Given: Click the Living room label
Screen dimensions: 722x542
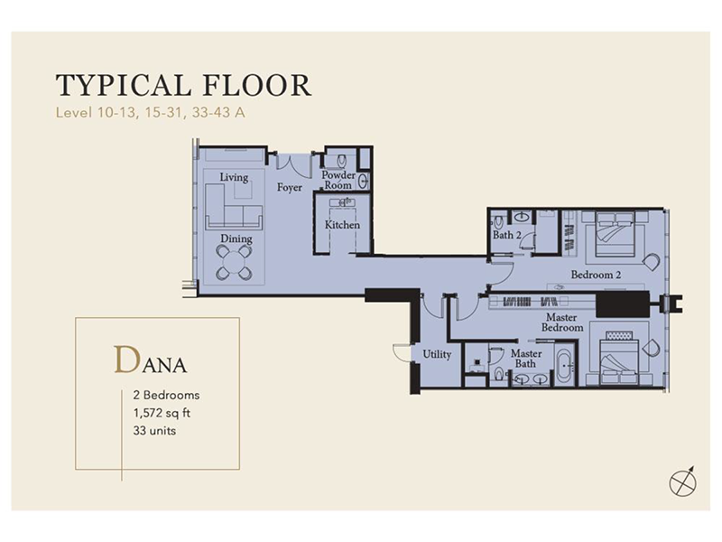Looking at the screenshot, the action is pyautogui.click(x=234, y=177).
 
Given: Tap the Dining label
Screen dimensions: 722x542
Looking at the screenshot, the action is pyautogui.click(x=236, y=238).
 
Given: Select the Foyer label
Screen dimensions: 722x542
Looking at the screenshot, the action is pyautogui.click(x=290, y=188).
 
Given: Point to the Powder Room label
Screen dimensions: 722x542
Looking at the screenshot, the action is pyautogui.click(x=338, y=180).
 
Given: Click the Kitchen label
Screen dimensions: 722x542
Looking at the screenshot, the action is pyautogui.click(x=342, y=225).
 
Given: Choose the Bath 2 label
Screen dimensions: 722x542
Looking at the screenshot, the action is pyautogui.click(x=507, y=235).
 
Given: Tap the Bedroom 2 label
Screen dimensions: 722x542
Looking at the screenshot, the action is pyautogui.click(x=596, y=275).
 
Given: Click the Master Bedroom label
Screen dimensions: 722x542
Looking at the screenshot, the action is pyautogui.click(x=561, y=322).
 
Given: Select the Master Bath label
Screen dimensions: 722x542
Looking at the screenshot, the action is pyautogui.click(x=526, y=359).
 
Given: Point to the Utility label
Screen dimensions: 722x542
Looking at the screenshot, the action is pyautogui.click(x=437, y=354).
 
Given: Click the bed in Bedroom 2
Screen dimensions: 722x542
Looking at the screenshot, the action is pyautogui.click(x=616, y=234).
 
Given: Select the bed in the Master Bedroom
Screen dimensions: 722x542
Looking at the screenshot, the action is pyautogui.click(x=619, y=357).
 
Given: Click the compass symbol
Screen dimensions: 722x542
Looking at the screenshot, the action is pyautogui.click(x=683, y=482).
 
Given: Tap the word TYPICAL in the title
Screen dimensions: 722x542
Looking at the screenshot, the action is pyautogui.click(x=123, y=85).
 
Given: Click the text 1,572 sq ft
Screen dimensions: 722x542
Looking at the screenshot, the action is pyautogui.click(x=162, y=413).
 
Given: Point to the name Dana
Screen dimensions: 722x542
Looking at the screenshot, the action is pyautogui.click(x=150, y=360).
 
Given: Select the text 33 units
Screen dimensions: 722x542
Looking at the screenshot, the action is pyautogui.click(x=154, y=431).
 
